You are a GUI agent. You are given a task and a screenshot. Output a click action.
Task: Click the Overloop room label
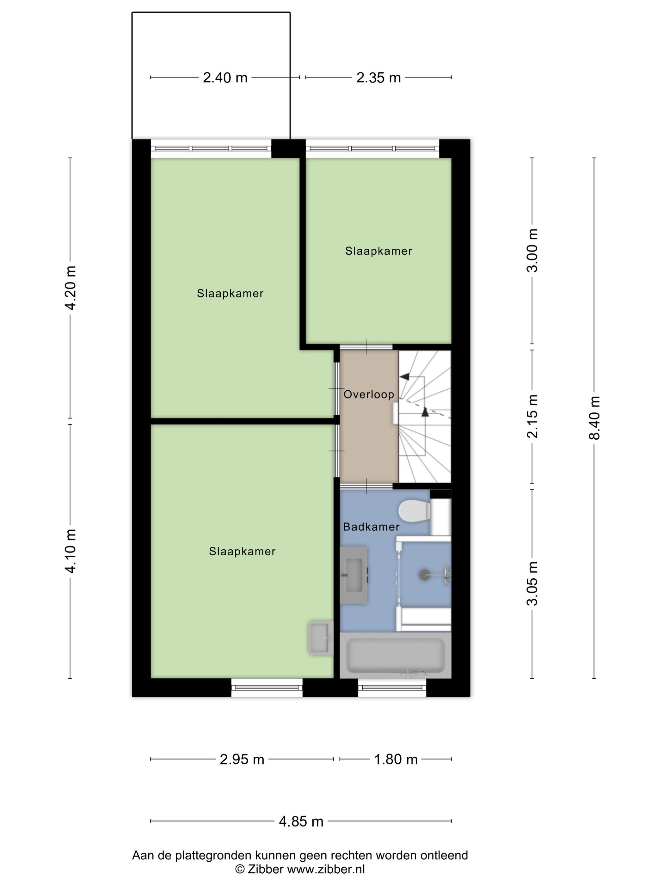click(x=369, y=394)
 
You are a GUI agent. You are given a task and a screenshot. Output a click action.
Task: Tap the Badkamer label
click(x=371, y=527)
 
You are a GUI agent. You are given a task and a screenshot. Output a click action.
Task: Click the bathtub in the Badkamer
click(x=396, y=655)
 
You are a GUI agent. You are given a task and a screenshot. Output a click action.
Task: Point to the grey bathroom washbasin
click(x=354, y=575)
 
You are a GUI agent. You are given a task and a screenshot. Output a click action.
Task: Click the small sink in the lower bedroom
click(x=321, y=638)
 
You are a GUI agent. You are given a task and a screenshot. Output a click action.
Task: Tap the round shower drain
click(x=424, y=575)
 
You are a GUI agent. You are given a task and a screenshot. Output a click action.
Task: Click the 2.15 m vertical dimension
click(x=532, y=416)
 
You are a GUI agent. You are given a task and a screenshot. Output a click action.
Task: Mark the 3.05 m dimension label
click(x=532, y=584)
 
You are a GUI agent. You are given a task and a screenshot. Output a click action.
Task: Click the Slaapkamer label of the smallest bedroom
click(x=378, y=251)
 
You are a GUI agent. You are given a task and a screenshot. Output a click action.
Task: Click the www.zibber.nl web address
click(x=326, y=869)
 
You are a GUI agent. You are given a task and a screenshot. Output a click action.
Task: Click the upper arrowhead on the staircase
click(x=404, y=376)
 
